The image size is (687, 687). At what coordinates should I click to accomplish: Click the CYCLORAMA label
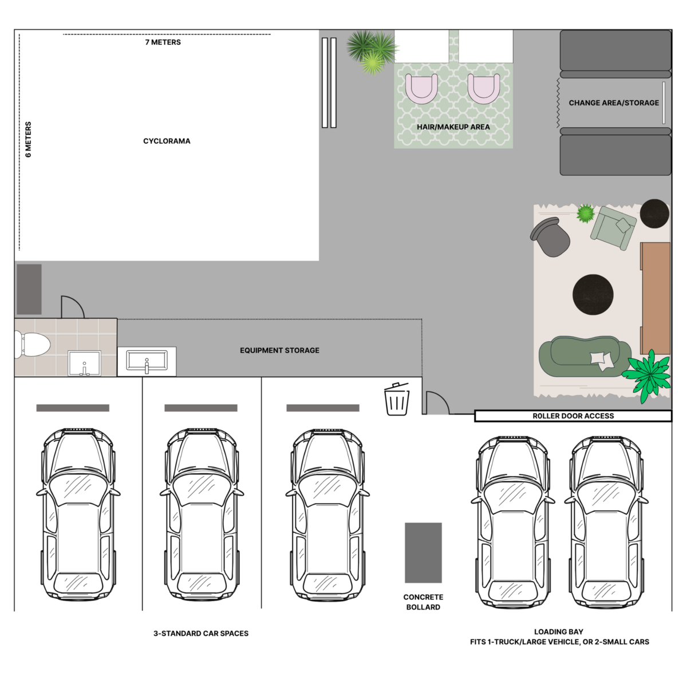(167, 141)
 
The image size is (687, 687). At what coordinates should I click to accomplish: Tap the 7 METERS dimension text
(163, 42)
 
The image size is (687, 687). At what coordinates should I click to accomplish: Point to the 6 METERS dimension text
(29, 140)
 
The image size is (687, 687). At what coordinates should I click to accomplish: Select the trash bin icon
(397, 399)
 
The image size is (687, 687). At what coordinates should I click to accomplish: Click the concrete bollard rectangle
(423, 552)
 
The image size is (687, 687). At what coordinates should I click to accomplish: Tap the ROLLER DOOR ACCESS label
(573, 416)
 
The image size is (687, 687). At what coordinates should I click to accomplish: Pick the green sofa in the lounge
(584, 357)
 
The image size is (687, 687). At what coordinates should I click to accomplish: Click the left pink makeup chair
(421, 89)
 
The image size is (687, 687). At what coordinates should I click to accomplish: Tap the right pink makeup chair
(484, 89)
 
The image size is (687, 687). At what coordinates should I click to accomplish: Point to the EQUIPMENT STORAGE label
(279, 350)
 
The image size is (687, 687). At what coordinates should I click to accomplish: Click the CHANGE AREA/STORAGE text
(614, 103)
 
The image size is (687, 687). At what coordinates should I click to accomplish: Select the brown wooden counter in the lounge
(656, 298)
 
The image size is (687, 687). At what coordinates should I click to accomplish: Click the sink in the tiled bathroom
(84, 363)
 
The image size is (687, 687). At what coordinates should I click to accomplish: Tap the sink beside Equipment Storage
(147, 361)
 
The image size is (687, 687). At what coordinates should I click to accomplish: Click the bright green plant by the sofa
(649, 375)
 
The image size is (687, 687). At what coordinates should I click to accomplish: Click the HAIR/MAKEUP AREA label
(453, 127)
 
